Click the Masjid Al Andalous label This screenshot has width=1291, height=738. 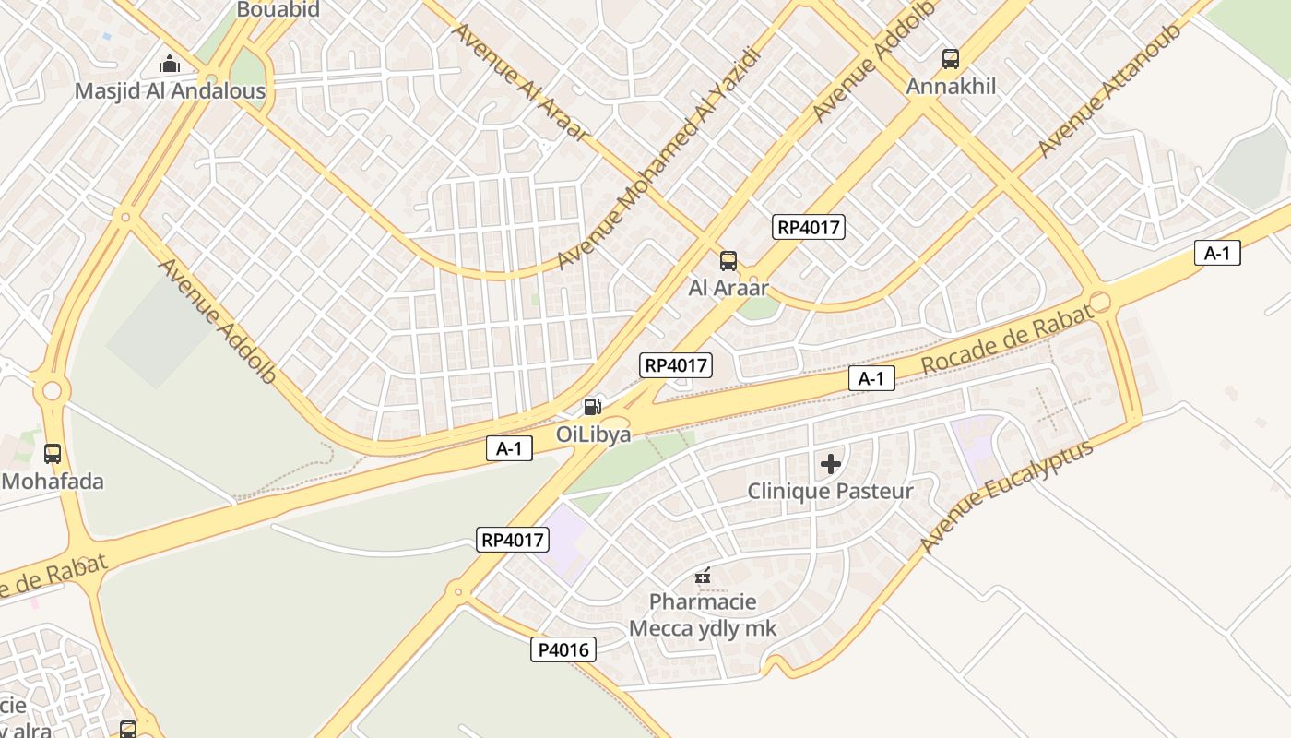point(170,91)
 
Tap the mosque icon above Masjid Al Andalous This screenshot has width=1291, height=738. point(170,64)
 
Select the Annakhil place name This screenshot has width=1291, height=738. point(951,87)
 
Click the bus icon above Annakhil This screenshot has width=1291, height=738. point(951,59)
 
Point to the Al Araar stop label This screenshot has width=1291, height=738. point(728,288)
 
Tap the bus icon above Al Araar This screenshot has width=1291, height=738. point(728,261)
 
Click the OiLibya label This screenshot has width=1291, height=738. point(593,434)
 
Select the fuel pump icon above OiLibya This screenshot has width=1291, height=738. point(593,406)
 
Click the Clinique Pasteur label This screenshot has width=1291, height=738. point(830,491)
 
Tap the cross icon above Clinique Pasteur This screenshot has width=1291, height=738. point(830,464)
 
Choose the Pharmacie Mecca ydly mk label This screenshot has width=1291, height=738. point(703,615)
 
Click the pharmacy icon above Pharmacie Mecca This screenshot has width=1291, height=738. point(703,577)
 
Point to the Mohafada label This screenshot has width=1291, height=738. point(53,482)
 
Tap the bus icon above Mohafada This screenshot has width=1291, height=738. point(53,454)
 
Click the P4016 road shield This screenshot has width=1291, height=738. point(563,649)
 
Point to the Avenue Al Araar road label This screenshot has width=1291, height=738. point(518,80)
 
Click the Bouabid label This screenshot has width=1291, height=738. point(278,10)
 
